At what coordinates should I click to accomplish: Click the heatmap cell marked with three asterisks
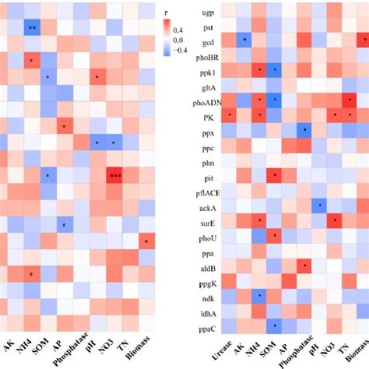115,175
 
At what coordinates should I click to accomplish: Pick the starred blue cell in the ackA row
319,206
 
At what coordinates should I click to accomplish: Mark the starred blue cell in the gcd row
244,40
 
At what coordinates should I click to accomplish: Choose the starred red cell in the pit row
274,175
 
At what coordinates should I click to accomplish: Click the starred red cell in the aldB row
304,265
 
